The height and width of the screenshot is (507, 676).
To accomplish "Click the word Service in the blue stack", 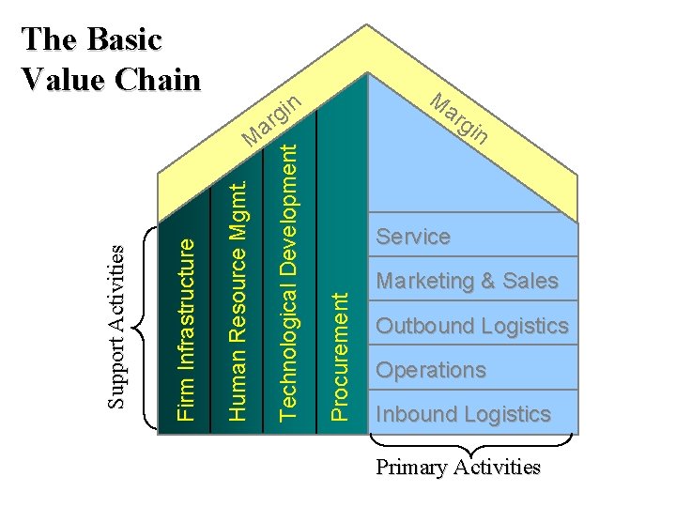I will coord(413,237).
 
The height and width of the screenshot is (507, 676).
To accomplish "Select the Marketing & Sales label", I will coord(467,281).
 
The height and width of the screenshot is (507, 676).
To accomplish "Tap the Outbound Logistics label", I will coord(472,326).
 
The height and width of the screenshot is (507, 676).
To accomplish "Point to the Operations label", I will coord(431,370).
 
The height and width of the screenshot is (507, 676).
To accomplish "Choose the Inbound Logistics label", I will coord(463,414).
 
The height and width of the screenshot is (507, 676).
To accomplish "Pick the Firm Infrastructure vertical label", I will coord(187,329).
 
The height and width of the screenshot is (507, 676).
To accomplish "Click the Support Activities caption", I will coord(116,325).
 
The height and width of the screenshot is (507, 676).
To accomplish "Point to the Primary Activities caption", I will coord(458,467).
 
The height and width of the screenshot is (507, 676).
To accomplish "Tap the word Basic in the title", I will coord(125,39).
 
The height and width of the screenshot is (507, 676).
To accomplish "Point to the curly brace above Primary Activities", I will coord(471,440).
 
